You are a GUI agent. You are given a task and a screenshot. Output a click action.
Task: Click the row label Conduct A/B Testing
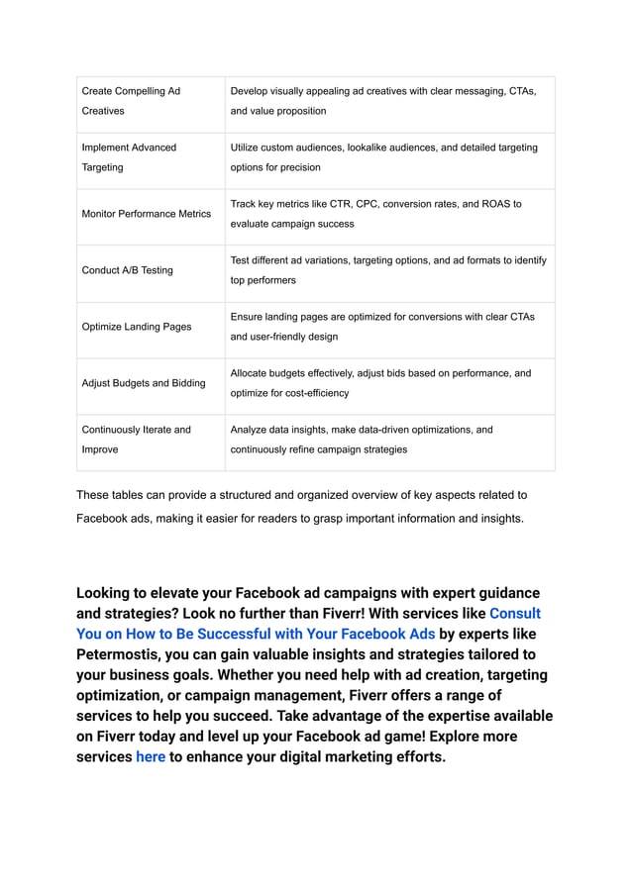(127, 270)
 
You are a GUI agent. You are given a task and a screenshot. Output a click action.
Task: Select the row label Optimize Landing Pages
(137, 327)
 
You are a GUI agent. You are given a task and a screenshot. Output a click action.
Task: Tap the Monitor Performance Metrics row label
(146, 214)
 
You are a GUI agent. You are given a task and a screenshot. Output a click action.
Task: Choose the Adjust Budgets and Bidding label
(144, 383)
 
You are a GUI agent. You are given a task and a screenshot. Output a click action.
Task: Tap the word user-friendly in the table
(281, 337)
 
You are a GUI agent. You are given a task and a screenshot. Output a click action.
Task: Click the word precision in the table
(298, 167)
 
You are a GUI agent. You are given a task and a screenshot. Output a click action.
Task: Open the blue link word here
(151, 757)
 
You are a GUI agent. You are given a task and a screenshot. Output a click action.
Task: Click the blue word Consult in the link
(514, 614)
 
